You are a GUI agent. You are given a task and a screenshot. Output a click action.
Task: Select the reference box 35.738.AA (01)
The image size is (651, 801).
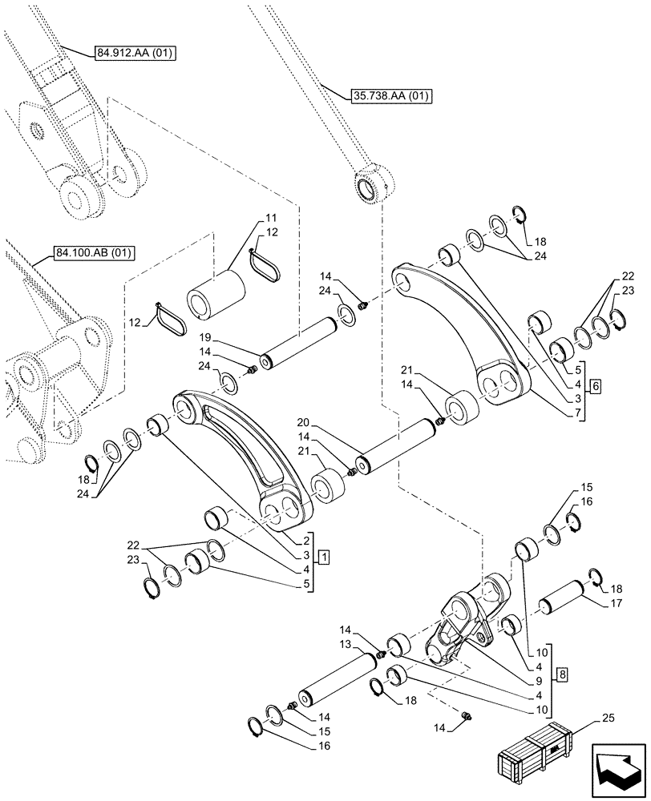pyautogui.click(x=391, y=97)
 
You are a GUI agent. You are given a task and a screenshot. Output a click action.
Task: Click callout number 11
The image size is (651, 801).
pyautogui.click(x=270, y=218)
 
